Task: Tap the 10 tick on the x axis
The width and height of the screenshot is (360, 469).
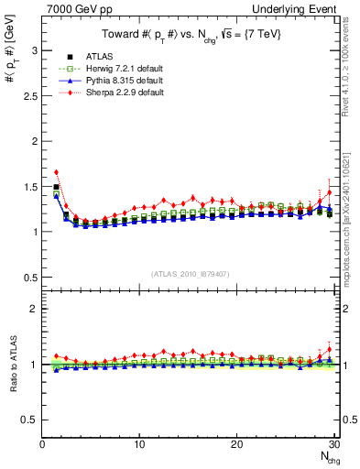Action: pyautogui.click(x=139, y=444)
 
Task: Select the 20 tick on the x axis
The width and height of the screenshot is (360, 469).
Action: pyautogui.click(x=236, y=444)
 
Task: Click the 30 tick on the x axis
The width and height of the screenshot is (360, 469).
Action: pyautogui.click(x=333, y=444)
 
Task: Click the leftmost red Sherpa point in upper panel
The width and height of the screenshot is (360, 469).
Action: pyautogui.click(x=57, y=171)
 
